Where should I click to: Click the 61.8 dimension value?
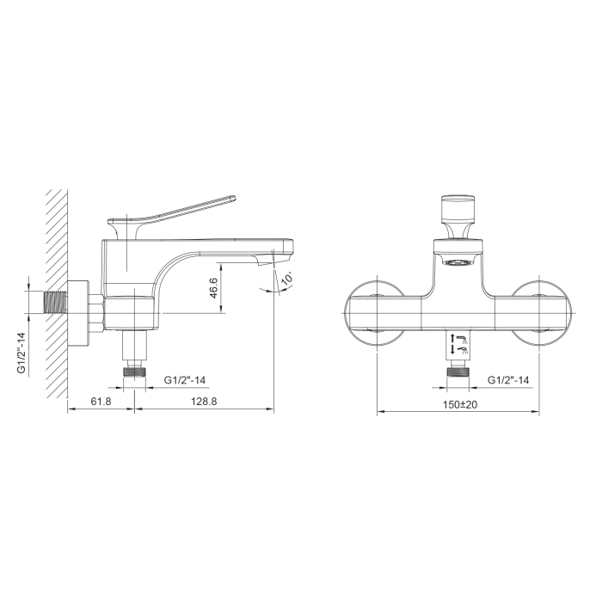tap(101, 402)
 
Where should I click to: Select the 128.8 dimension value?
tap(204, 402)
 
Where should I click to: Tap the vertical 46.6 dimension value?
tap(213, 288)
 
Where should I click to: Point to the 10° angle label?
tap(287, 278)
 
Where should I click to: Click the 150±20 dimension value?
tap(460, 405)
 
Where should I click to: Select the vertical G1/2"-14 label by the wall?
tap(21, 353)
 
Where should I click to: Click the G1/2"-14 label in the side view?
tap(185, 380)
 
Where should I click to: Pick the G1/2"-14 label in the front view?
tap(508, 380)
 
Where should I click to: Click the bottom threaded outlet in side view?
tap(134, 372)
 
